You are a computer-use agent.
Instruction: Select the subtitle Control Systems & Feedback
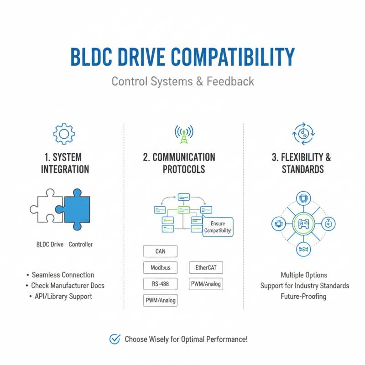[182, 82]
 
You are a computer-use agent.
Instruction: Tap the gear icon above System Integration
[64, 133]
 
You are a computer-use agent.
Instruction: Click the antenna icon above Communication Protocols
[183, 133]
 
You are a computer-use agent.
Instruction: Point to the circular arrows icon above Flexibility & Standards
[301, 133]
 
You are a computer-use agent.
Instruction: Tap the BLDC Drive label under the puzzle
[50, 245]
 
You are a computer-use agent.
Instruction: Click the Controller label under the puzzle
[81, 245]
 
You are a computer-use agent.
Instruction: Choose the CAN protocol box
[160, 251]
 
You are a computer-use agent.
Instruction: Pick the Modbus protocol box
[160, 267]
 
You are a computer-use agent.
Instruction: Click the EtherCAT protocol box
[206, 267]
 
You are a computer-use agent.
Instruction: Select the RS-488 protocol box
[160, 284]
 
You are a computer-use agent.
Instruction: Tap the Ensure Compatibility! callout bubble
[218, 227]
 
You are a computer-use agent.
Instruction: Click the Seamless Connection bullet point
[63, 275]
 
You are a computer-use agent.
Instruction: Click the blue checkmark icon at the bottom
[115, 339]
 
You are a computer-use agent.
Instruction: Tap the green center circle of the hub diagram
[303, 224]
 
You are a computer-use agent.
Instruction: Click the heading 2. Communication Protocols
[179, 163]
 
